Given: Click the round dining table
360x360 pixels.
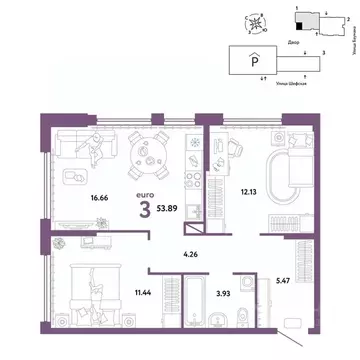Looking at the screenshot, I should [x=152, y=151].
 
